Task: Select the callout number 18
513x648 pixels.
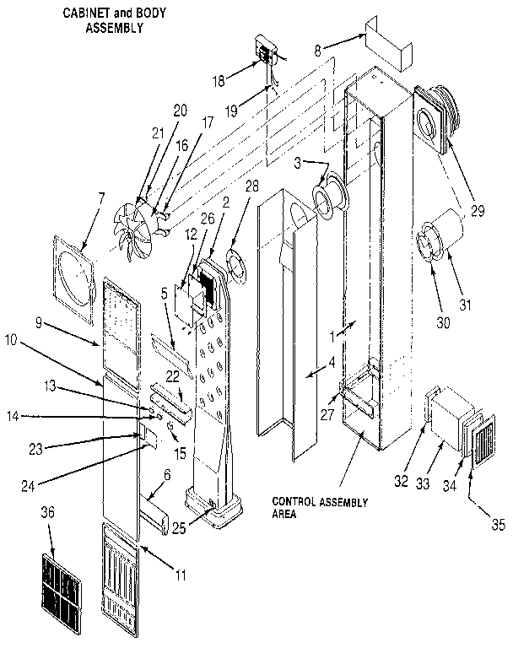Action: (x=218, y=82)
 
